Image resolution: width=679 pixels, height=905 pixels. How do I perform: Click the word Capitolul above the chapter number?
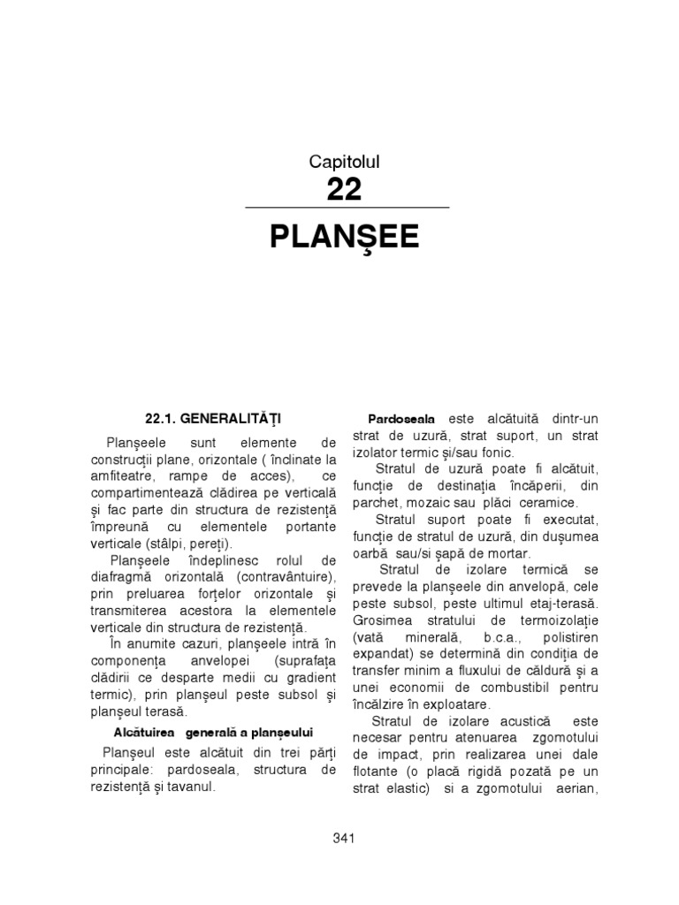pos(344,161)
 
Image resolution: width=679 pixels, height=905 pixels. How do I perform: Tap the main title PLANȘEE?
pos(344,237)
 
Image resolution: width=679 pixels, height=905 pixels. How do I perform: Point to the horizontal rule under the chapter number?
pos(347,208)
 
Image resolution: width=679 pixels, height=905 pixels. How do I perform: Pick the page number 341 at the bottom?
pos(344,838)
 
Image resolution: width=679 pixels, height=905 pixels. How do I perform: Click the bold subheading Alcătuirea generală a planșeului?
pos(214,733)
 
